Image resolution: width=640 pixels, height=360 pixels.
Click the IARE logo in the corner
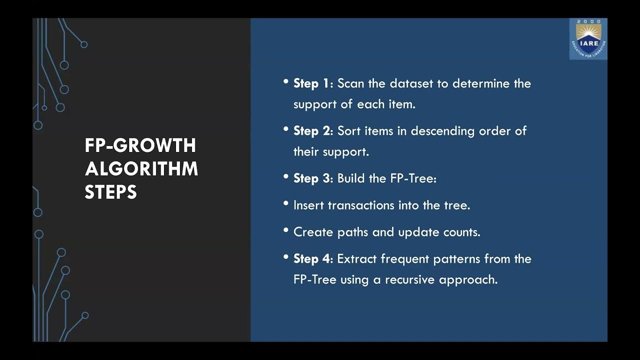point(588,38)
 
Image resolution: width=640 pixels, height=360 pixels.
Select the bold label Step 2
point(312,131)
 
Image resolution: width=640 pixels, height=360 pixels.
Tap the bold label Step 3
point(312,178)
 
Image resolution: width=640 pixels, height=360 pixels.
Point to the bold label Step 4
point(312,259)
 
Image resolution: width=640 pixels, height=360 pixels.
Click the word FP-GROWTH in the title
point(140,146)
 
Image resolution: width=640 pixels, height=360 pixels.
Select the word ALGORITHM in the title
point(141,169)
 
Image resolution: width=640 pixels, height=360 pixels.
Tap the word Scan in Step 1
point(351,83)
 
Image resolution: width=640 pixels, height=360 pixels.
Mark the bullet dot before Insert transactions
point(286,203)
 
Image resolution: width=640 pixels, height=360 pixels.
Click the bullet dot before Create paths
point(286,230)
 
